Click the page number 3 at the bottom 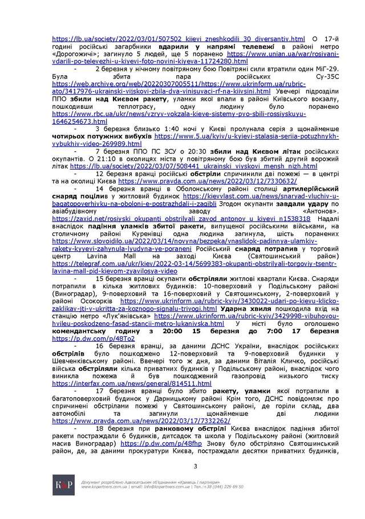click(195, 467)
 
